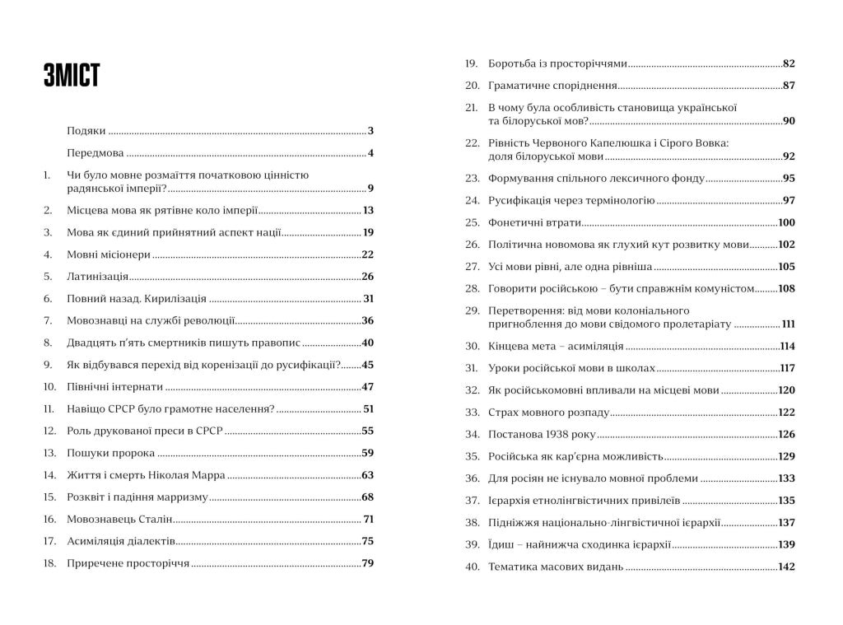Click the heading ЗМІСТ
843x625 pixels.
click(72, 75)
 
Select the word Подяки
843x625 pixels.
click(86, 131)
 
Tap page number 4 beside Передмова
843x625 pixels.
click(371, 153)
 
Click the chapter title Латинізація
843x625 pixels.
click(97, 277)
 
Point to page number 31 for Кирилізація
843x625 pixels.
click(368, 299)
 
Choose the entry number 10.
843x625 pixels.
click(49, 387)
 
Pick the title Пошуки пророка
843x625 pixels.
click(110, 453)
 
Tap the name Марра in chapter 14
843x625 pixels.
click(208, 475)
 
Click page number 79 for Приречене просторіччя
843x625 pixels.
click(368, 564)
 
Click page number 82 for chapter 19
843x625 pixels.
click(789, 63)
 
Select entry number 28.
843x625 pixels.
click(472, 289)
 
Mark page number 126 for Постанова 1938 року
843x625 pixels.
click(786, 434)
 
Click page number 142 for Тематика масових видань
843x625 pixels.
click(786, 567)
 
